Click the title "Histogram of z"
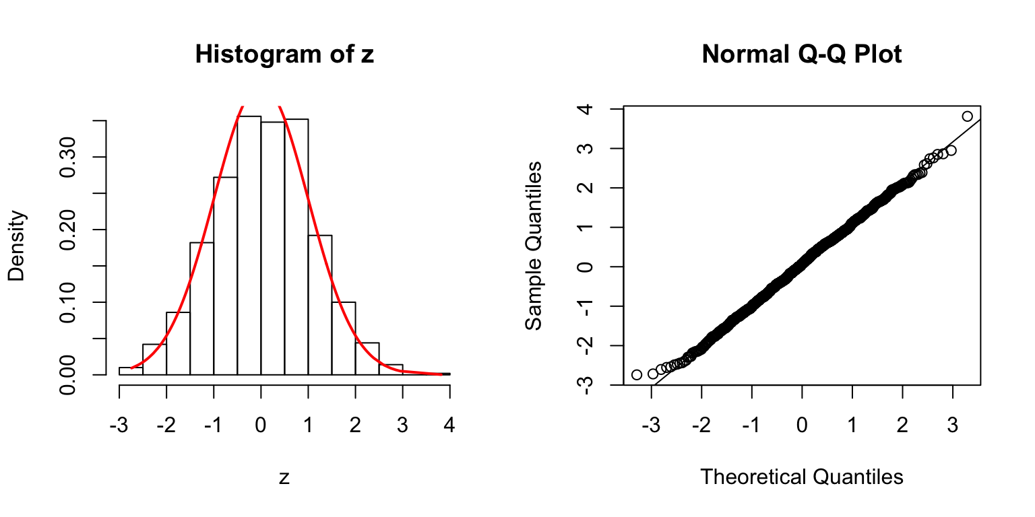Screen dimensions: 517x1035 284,55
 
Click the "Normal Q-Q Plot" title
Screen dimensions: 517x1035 802,55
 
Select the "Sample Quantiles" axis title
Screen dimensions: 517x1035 534,245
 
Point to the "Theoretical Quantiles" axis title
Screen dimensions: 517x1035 802,477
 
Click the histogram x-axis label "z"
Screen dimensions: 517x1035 284,478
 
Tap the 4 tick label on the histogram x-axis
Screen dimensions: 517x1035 449,426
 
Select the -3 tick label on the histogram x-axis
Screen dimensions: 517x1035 119,426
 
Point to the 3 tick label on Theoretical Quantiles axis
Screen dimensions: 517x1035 953,426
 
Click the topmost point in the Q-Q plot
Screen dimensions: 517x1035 968,116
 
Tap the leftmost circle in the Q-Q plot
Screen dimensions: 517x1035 637,374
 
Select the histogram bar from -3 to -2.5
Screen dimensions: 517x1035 131,371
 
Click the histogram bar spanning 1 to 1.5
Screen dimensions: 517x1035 320,305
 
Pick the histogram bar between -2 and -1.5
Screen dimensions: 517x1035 178,343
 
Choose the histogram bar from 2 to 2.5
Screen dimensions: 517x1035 367,359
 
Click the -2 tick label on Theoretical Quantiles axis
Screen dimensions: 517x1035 701,426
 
